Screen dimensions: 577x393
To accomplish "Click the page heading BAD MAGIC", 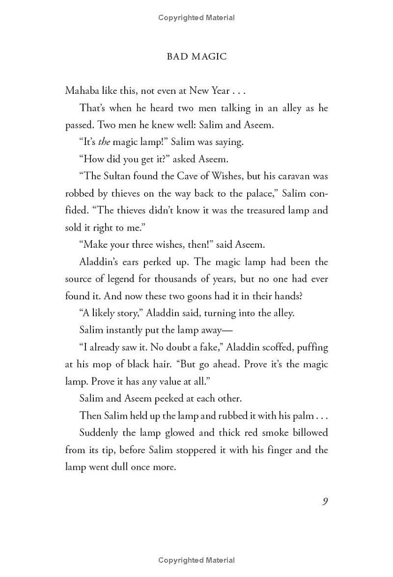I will pyautogui.click(x=196, y=57).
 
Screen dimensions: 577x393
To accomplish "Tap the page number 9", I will pyautogui.click(x=325, y=501).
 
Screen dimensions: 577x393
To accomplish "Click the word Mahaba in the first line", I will pyautogui.click(x=82, y=91).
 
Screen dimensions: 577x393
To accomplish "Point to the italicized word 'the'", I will pyautogui.click(x=104, y=142).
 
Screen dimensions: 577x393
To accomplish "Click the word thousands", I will pyautogui.click(x=181, y=279).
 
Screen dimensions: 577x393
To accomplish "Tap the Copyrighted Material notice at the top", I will pyautogui.click(x=196, y=18).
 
